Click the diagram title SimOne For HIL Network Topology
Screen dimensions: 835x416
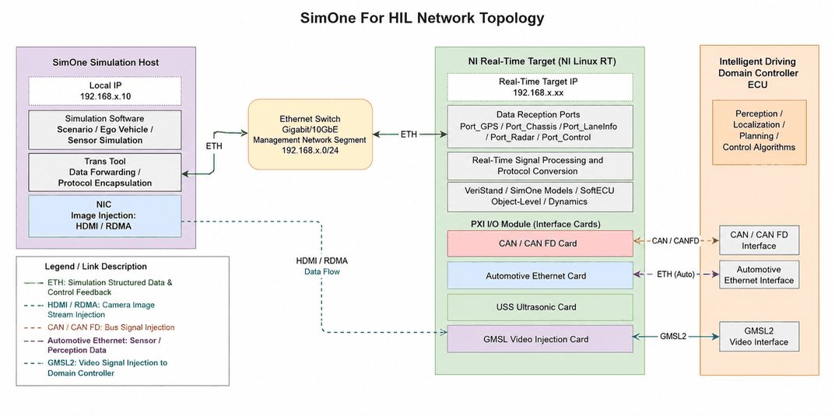(x=423, y=18)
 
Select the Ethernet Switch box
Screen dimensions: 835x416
(x=310, y=134)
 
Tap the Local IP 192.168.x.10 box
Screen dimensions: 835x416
(x=104, y=90)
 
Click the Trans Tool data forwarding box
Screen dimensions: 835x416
(x=104, y=173)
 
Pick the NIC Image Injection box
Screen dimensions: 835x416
(x=104, y=216)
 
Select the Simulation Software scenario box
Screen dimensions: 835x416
(x=104, y=129)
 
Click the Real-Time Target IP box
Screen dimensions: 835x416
(x=540, y=87)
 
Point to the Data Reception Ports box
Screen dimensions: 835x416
(x=540, y=126)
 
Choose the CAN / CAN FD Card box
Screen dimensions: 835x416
(x=540, y=243)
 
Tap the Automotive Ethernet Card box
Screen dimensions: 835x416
(x=540, y=275)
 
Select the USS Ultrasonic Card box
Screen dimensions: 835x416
(x=540, y=307)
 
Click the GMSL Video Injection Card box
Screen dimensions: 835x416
(x=540, y=338)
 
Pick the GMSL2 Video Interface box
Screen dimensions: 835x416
(x=760, y=336)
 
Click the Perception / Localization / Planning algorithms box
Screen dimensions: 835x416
(x=760, y=131)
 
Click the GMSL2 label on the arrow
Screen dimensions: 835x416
(x=674, y=336)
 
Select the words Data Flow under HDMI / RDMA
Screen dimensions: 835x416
(x=322, y=272)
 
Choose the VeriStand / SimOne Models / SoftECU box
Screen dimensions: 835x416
(x=540, y=197)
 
